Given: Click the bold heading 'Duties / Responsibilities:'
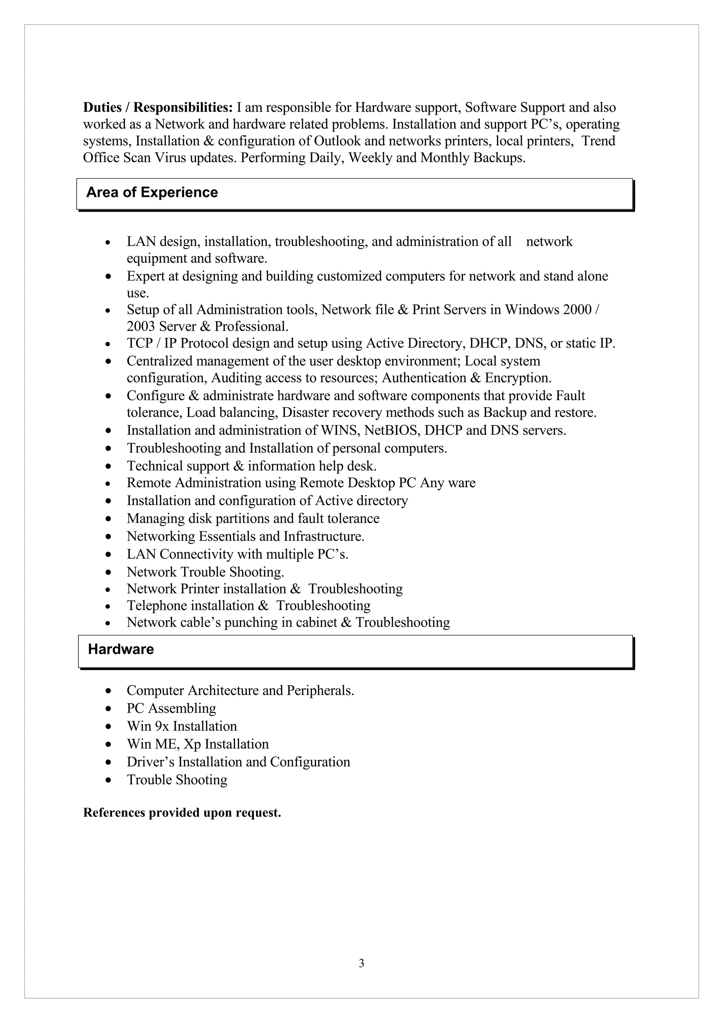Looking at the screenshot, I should pyautogui.click(x=158, y=107).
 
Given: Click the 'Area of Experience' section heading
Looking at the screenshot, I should pyautogui.click(x=152, y=192).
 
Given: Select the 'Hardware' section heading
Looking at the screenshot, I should pyautogui.click(x=121, y=649).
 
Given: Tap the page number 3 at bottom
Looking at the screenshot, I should pyautogui.click(x=361, y=963).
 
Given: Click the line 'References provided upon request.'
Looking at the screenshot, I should pyautogui.click(x=182, y=813).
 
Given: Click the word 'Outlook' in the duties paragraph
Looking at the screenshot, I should pyautogui.click(x=337, y=141).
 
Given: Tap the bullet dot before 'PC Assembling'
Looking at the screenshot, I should pyautogui.click(x=108, y=709).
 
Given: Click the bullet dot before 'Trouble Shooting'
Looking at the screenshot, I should pyautogui.click(x=108, y=780).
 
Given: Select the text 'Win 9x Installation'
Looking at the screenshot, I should pyautogui.click(x=182, y=726).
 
